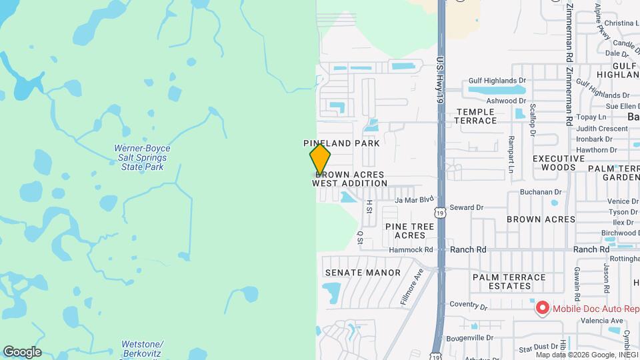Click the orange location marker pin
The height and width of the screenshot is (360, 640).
pyautogui.click(x=320, y=160)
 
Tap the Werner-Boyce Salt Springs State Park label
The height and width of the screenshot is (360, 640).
pyautogui.click(x=142, y=157)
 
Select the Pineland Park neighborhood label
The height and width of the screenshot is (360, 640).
pyautogui.click(x=341, y=143)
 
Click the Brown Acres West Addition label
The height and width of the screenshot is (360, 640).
pyautogui.click(x=349, y=179)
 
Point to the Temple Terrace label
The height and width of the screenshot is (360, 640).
pyautogui.click(x=475, y=116)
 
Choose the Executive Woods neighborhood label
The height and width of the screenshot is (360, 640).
pyautogui.click(x=553, y=163)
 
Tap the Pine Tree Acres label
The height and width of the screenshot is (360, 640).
pyautogui.click(x=410, y=231)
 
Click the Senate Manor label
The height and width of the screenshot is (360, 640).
pyautogui.click(x=363, y=273)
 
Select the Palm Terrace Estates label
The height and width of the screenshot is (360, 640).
pyautogui.click(x=509, y=281)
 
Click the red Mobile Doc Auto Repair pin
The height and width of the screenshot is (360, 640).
pyautogui.click(x=543, y=308)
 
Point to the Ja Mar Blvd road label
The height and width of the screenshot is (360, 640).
pyautogui.click(x=414, y=199)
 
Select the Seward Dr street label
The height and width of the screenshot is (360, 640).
pyautogui.click(x=466, y=207)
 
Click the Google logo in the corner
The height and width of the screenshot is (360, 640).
pyautogui.click(x=22, y=352)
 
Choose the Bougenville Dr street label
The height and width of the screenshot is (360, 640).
pyautogui.click(x=469, y=337)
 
